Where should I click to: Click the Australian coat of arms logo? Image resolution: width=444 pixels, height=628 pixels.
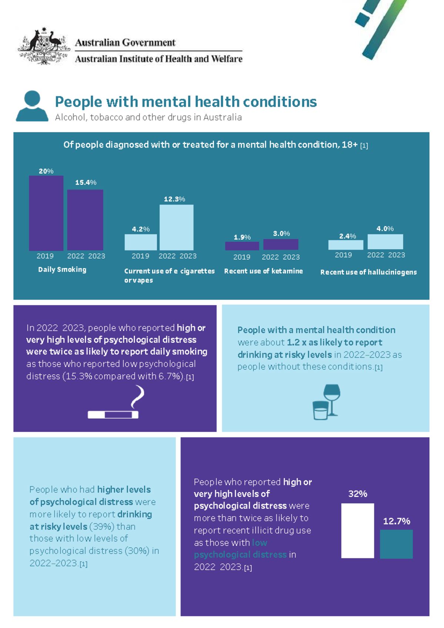[x=44, y=46]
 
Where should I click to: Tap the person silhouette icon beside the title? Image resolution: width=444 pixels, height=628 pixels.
[x=32, y=106]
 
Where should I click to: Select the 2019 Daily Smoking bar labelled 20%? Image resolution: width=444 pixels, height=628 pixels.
[x=46, y=213]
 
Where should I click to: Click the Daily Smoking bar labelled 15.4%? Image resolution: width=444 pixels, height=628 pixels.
[x=85, y=220]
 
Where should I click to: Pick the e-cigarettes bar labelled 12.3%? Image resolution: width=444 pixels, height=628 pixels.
[x=176, y=227]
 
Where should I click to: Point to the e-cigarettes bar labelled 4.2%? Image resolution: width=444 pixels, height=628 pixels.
[x=141, y=242]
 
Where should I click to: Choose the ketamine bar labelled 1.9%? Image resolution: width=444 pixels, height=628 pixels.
[x=242, y=246]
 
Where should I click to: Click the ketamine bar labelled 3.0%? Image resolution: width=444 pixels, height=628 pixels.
[x=281, y=244]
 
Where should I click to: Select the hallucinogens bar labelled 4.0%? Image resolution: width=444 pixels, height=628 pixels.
[x=385, y=242]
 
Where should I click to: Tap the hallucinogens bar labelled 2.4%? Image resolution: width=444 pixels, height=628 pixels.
[x=346, y=244]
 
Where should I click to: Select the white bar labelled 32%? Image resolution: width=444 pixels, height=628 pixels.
[x=357, y=531]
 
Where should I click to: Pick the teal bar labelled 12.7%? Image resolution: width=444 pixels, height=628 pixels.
[x=396, y=544]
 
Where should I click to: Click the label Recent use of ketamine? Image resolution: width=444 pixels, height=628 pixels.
[x=263, y=271]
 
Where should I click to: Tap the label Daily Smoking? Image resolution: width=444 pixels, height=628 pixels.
[x=62, y=270]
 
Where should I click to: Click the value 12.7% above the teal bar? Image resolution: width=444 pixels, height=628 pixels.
[x=396, y=521]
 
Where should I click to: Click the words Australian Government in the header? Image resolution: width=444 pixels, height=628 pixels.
[x=125, y=43]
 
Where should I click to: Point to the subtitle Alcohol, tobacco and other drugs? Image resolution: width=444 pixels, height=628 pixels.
[x=148, y=117]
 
